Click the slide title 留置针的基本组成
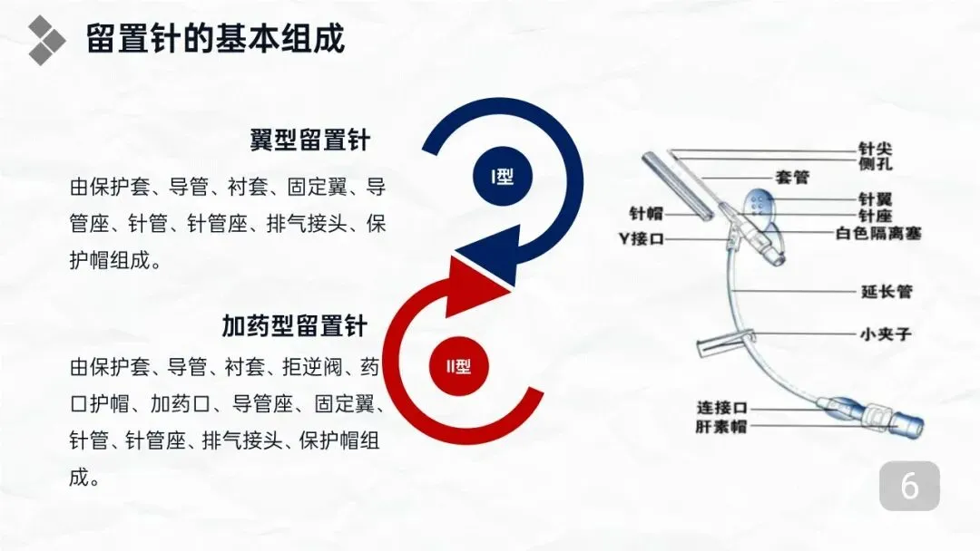point(215,40)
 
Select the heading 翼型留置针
point(310,140)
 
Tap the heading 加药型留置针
point(294,324)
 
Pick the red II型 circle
point(458,367)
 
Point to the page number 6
point(909,487)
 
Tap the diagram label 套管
point(792,177)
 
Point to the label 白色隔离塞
point(877,233)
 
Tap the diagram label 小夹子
point(885,333)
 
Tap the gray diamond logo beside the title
point(46,39)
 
